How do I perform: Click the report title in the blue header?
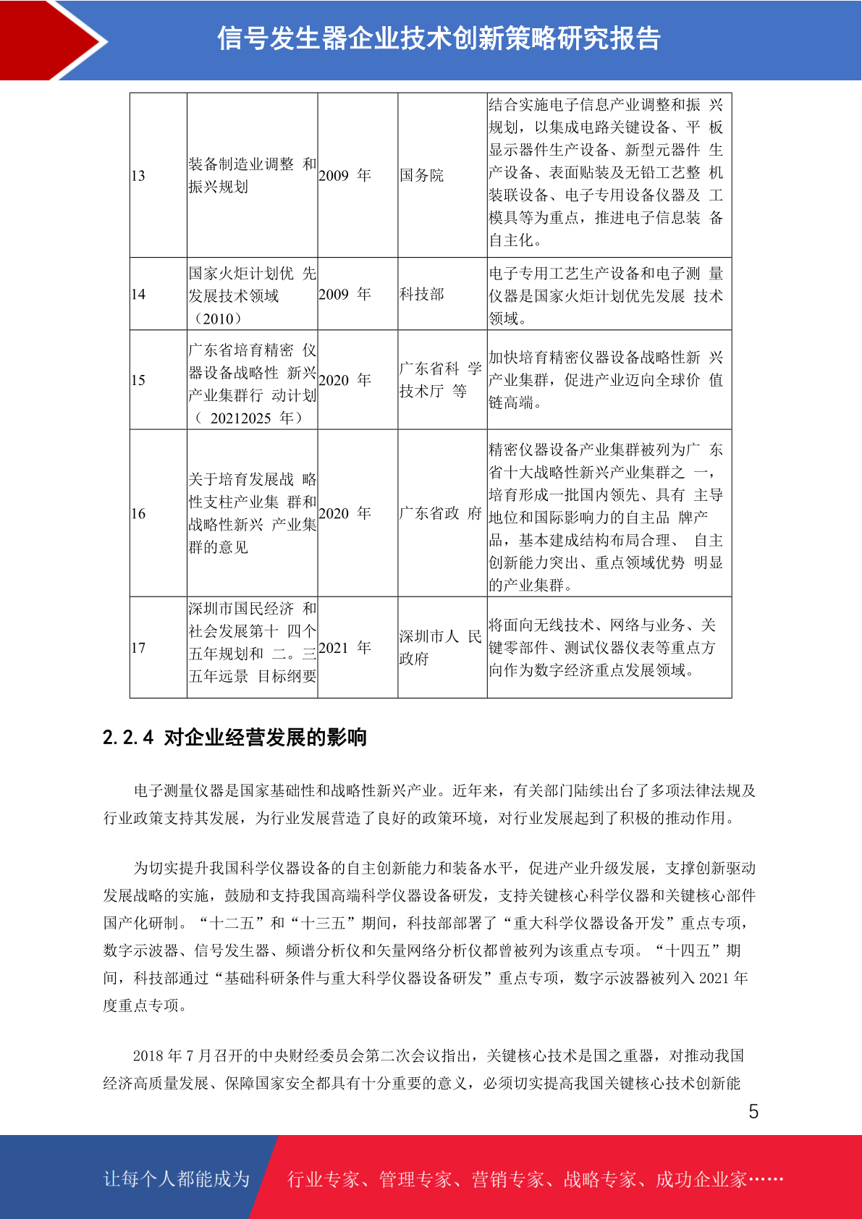[439, 38]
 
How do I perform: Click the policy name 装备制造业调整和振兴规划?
[252, 176]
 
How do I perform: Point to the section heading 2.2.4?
[234, 738]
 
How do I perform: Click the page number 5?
[753, 1112]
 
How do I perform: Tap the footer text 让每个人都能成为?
[177, 1179]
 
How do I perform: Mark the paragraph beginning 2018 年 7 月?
[430, 1069]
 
